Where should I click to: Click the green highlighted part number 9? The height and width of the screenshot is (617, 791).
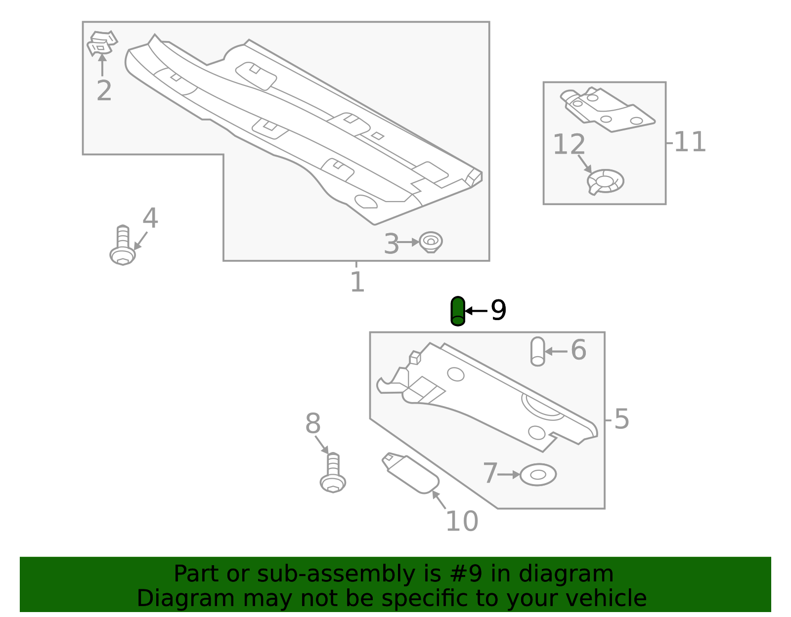458,311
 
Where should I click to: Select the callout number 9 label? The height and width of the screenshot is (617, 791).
498,311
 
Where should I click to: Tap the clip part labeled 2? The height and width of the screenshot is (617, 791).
102,43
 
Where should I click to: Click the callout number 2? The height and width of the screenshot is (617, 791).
104,91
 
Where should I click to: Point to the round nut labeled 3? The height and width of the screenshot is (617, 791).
431,242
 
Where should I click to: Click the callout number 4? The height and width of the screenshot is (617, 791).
150,218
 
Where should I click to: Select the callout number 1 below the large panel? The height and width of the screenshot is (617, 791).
357,282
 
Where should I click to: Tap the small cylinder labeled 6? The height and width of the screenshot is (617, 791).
537,352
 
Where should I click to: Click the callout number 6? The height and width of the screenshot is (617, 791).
578,350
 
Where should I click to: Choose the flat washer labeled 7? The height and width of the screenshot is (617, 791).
538,475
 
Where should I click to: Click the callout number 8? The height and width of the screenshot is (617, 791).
313,424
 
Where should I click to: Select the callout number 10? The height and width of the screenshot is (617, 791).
462,522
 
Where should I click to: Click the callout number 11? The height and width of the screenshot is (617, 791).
690,142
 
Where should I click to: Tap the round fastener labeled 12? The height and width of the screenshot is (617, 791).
606,181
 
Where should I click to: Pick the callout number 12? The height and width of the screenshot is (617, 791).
569,145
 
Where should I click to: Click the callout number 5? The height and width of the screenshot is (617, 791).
621,419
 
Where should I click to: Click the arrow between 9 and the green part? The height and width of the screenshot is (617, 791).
477,311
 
